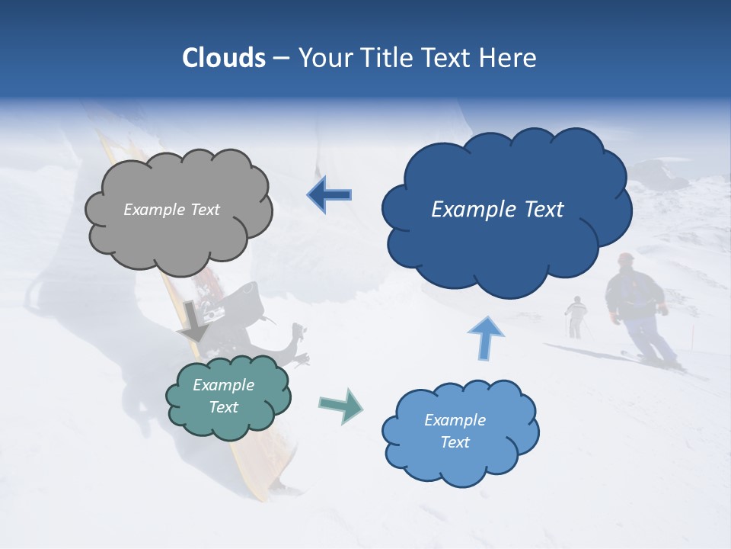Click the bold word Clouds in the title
pyautogui.click(x=224, y=58)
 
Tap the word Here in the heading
pyautogui.click(x=509, y=58)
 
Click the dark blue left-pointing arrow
pyautogui.click(x=330, y=194)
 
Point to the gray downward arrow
pyautogui.click(x=194, y=321)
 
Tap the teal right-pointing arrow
pyautogui.click(x=340, y=406)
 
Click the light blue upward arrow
pyautogui.click(x=485, y=338)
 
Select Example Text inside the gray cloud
pyautogui.click(x=171, y=210)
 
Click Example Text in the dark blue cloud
pyautogui.click(x=497, y=210)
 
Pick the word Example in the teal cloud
pyautogui.click(x=223, y=385)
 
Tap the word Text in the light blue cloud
pyautogui.click(x=455, y=442)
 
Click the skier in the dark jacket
pyautogui.click(x=637, y=297)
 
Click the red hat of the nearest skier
pyautogui.click(x=626, y=258)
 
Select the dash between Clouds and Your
pyautogui.click(x=282, y=58)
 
